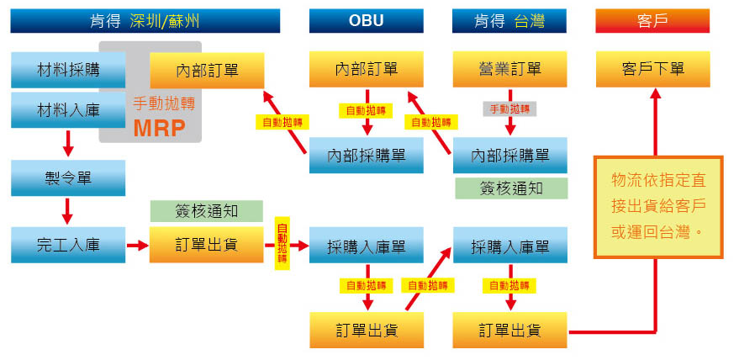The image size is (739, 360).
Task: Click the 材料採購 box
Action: coord(68,68)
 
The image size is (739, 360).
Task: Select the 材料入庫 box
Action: coord(68,110)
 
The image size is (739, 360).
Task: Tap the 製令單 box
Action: coord(68,177)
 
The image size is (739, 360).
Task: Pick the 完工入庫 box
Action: coord(68,246)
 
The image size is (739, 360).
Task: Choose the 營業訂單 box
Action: coord(509,69)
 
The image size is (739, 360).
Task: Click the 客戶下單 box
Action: coord(652,69)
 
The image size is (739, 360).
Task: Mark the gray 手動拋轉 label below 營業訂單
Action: coord(509,109)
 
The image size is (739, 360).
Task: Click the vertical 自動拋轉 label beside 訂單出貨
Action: coord(282,245)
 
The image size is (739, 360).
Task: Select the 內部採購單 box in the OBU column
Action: coord(366,155)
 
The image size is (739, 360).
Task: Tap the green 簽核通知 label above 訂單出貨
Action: coord(206,211)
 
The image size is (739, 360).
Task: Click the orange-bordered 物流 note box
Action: coord(658,207)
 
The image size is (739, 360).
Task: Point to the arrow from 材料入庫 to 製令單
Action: coord(68,144)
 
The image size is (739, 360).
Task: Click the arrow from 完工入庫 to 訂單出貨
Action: coord(137,246)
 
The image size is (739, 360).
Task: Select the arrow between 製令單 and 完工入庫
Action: coord(68,211)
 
